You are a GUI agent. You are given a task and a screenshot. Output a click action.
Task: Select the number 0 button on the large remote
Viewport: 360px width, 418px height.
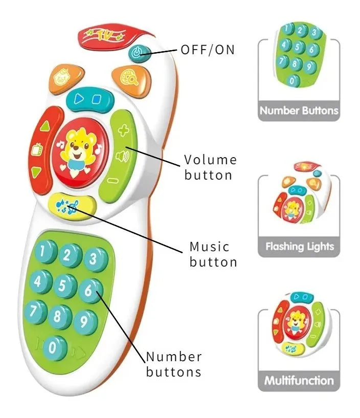54,347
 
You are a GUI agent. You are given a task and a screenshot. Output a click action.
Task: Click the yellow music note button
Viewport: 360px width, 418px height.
72,206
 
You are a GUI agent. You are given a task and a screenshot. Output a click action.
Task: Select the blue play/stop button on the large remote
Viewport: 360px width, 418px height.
89,100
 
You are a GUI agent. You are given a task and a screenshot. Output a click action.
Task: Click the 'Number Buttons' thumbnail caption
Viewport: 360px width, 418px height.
299,111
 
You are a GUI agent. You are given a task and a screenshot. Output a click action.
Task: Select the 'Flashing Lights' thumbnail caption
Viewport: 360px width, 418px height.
299,247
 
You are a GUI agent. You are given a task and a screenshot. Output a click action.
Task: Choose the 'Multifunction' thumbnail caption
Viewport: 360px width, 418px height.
299,381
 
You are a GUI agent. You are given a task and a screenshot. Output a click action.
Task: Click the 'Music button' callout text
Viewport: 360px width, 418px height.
213,254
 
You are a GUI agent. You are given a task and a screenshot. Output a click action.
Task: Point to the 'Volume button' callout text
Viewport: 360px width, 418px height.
210,167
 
